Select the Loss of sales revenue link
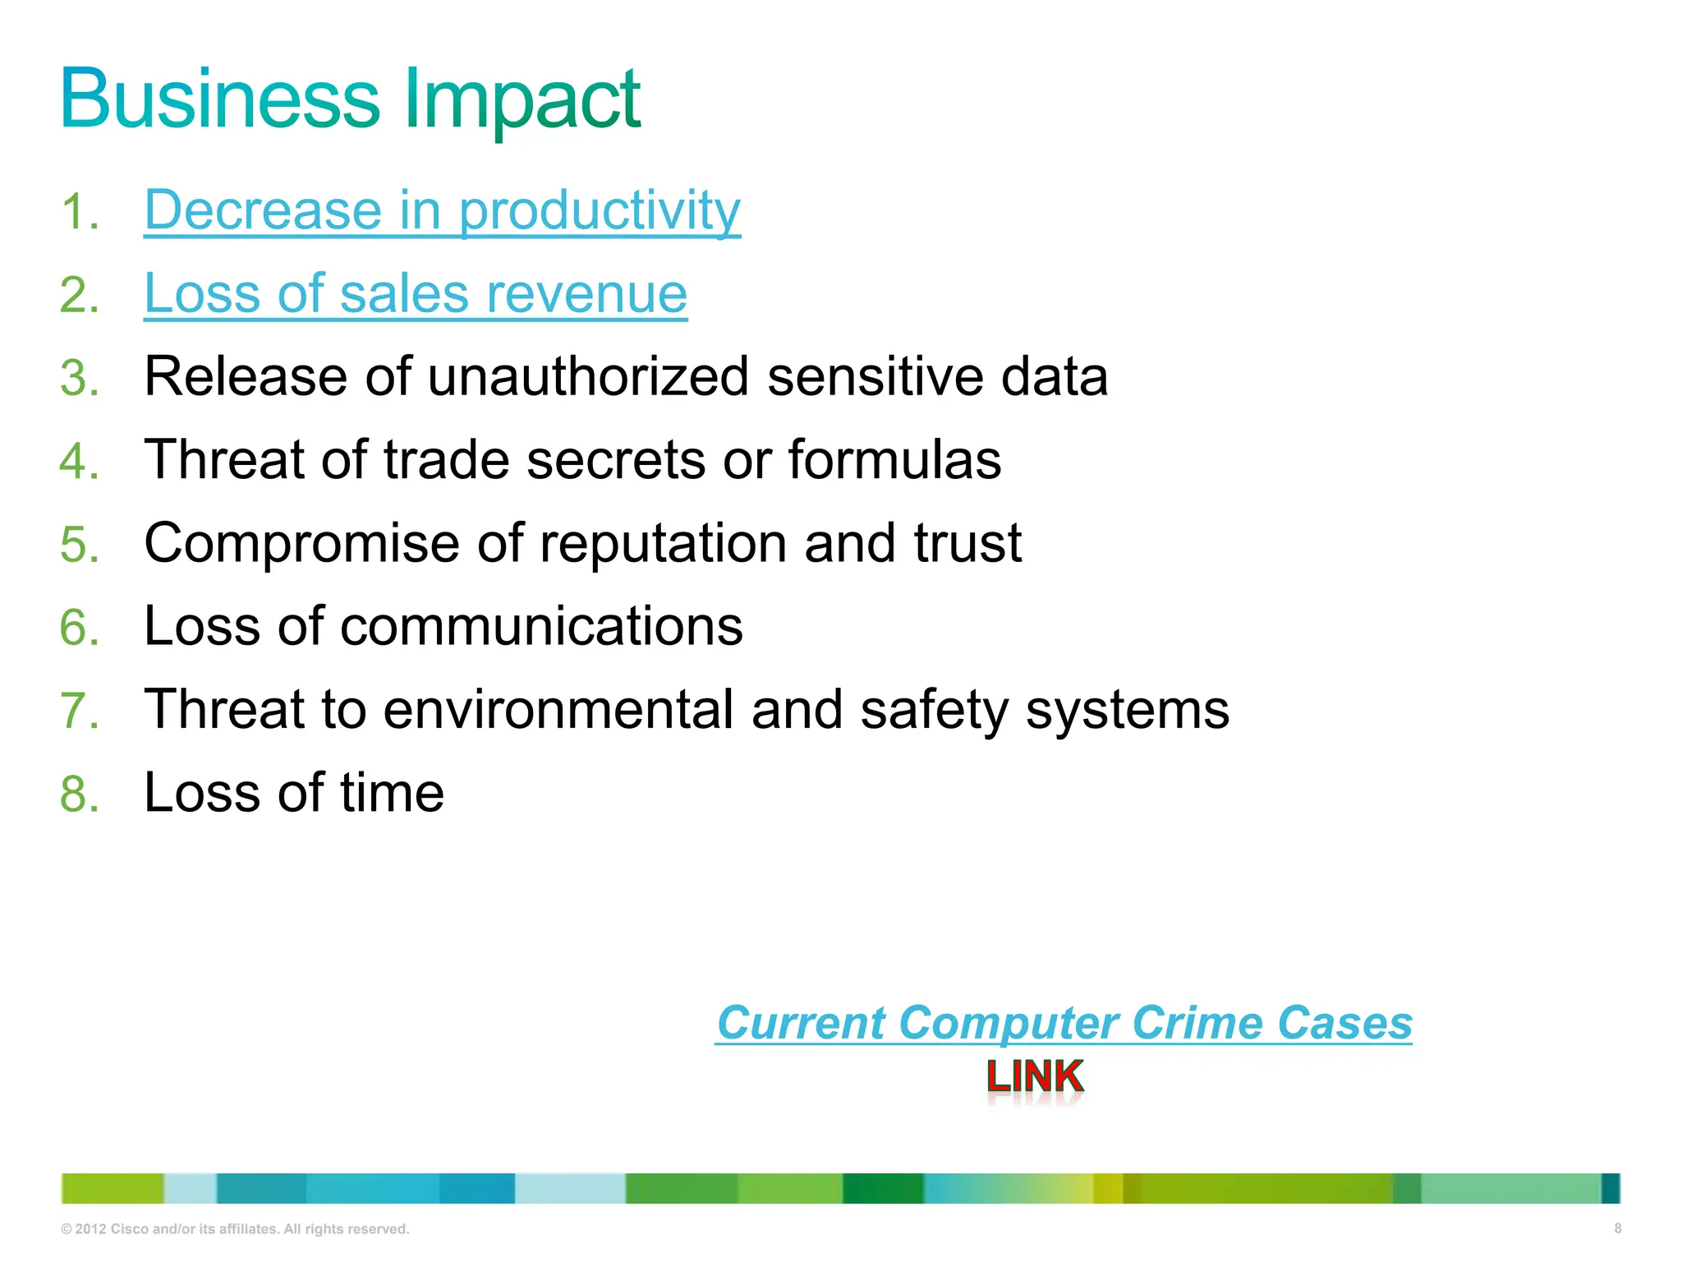(x=416, y=293)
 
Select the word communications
(x=541, y=626)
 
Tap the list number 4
(x=80, y=460)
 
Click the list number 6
(x=80, y=627)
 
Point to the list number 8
(x=80, y=794)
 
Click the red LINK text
(x=1035, y=1076)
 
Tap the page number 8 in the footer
(x=1617, y=1228)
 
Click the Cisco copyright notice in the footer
(x=235, y=1229)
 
